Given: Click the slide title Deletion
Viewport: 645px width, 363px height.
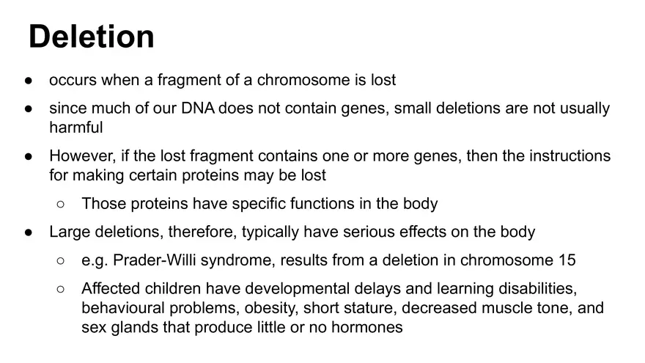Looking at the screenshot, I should click(92, 37).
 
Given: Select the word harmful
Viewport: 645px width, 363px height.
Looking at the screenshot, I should click(76, 127).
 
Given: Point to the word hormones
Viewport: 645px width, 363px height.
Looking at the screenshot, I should click(366, 327).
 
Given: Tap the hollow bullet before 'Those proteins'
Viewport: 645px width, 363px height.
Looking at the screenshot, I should click(62, 204).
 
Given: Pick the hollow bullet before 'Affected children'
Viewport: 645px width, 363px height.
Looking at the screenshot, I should click(62, 288).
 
